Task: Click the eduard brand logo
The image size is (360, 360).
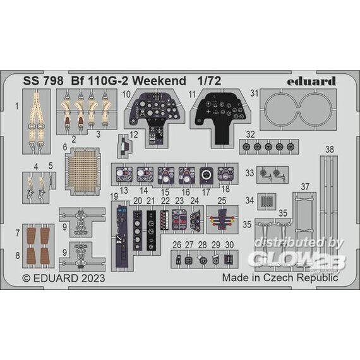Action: coord(311,81)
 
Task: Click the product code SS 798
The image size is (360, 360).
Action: coord(43,81)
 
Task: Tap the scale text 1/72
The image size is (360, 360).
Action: coord(210,81)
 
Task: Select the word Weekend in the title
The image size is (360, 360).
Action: coord(159,81)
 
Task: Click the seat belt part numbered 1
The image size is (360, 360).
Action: coord(36,121)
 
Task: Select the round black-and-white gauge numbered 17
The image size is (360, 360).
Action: coord(207,174)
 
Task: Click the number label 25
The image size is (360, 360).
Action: coord(222,201)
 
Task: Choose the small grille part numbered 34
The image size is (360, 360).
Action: coord(267,201)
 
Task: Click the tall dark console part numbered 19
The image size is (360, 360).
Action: coord(121,236)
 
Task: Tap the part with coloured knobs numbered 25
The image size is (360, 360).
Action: coord(222,220)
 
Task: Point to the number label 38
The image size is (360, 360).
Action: coord(330,150)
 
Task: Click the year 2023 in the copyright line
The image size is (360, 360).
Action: coord(93,278)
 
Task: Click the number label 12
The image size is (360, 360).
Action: coord(134,135)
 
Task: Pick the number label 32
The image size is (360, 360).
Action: coord(250,135)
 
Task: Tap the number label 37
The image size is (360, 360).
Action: coord(305,187)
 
